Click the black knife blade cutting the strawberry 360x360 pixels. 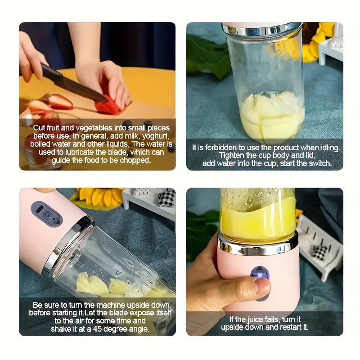[x=76, y=85]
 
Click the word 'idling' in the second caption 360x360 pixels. [x=327, y=148]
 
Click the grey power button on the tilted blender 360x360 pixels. [x=46, y=214]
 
